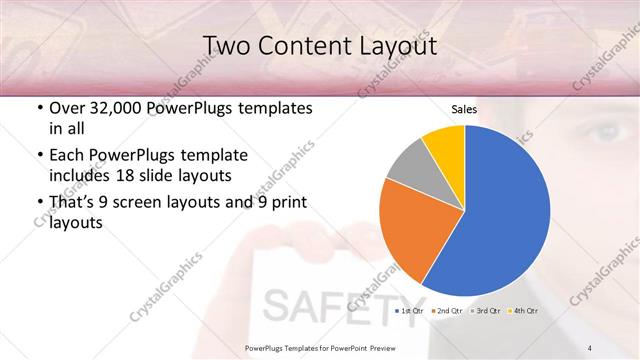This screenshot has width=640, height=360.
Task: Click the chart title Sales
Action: pyautogui.click(x=463, y=109)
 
